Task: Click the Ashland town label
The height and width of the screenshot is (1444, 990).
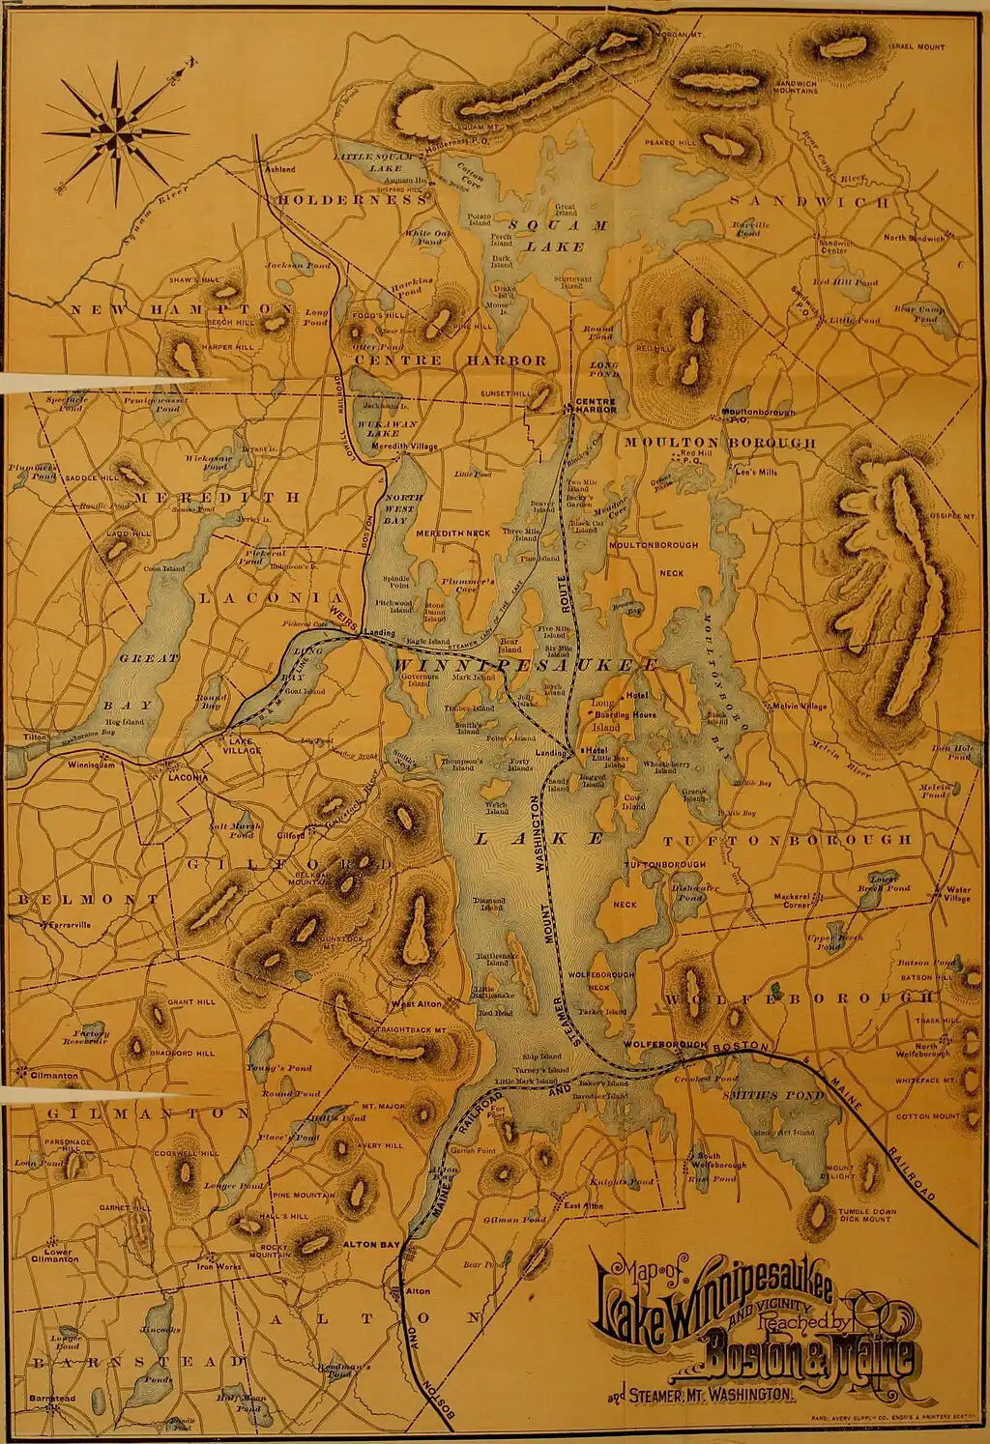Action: pos(280,169)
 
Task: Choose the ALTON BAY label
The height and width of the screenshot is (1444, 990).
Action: pos(372,1244)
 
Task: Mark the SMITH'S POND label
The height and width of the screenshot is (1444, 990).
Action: pos(772,1095)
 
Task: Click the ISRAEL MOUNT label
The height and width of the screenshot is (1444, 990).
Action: pos(917,46)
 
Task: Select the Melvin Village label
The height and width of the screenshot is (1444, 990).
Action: pos(800,706)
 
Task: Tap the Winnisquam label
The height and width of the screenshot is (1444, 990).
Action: pos(91,764)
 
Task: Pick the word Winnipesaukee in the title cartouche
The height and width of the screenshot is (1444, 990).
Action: pos(715,1305)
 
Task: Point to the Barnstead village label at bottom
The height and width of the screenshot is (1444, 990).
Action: pos(52,1399)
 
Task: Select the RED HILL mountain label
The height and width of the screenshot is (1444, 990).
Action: pos(654,347)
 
